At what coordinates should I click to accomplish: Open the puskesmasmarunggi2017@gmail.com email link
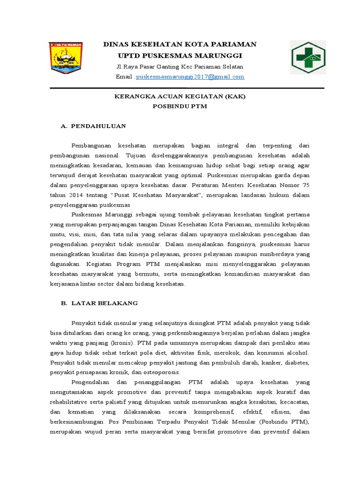click(190, 76)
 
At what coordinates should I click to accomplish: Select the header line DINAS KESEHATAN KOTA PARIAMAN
click(180, 44)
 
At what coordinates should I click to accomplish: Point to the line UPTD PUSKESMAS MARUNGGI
click(180, 55)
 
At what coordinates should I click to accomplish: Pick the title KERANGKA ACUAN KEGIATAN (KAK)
click(180, 97)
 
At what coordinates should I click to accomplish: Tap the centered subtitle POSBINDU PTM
click(180, 106)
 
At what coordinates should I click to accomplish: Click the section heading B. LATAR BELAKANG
click(99, 303)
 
